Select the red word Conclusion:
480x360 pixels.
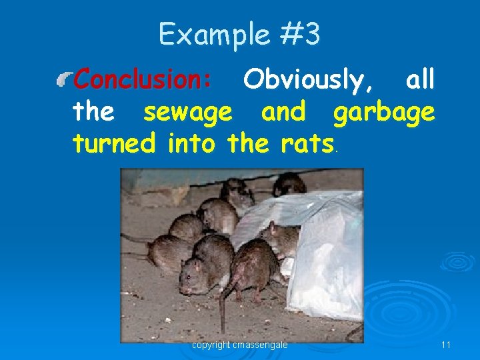point(143,80)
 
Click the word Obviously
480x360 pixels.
point(308,80)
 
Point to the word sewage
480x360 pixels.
point(188,112)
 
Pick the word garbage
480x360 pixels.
point(384,112)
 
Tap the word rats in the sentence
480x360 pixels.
point(306,141)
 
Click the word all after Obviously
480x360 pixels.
point(420,80)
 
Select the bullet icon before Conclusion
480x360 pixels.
point(65,81)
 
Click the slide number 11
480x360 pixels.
point(446,345)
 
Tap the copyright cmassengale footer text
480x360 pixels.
point(240,345)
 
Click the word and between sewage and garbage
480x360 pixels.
point(283,112)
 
